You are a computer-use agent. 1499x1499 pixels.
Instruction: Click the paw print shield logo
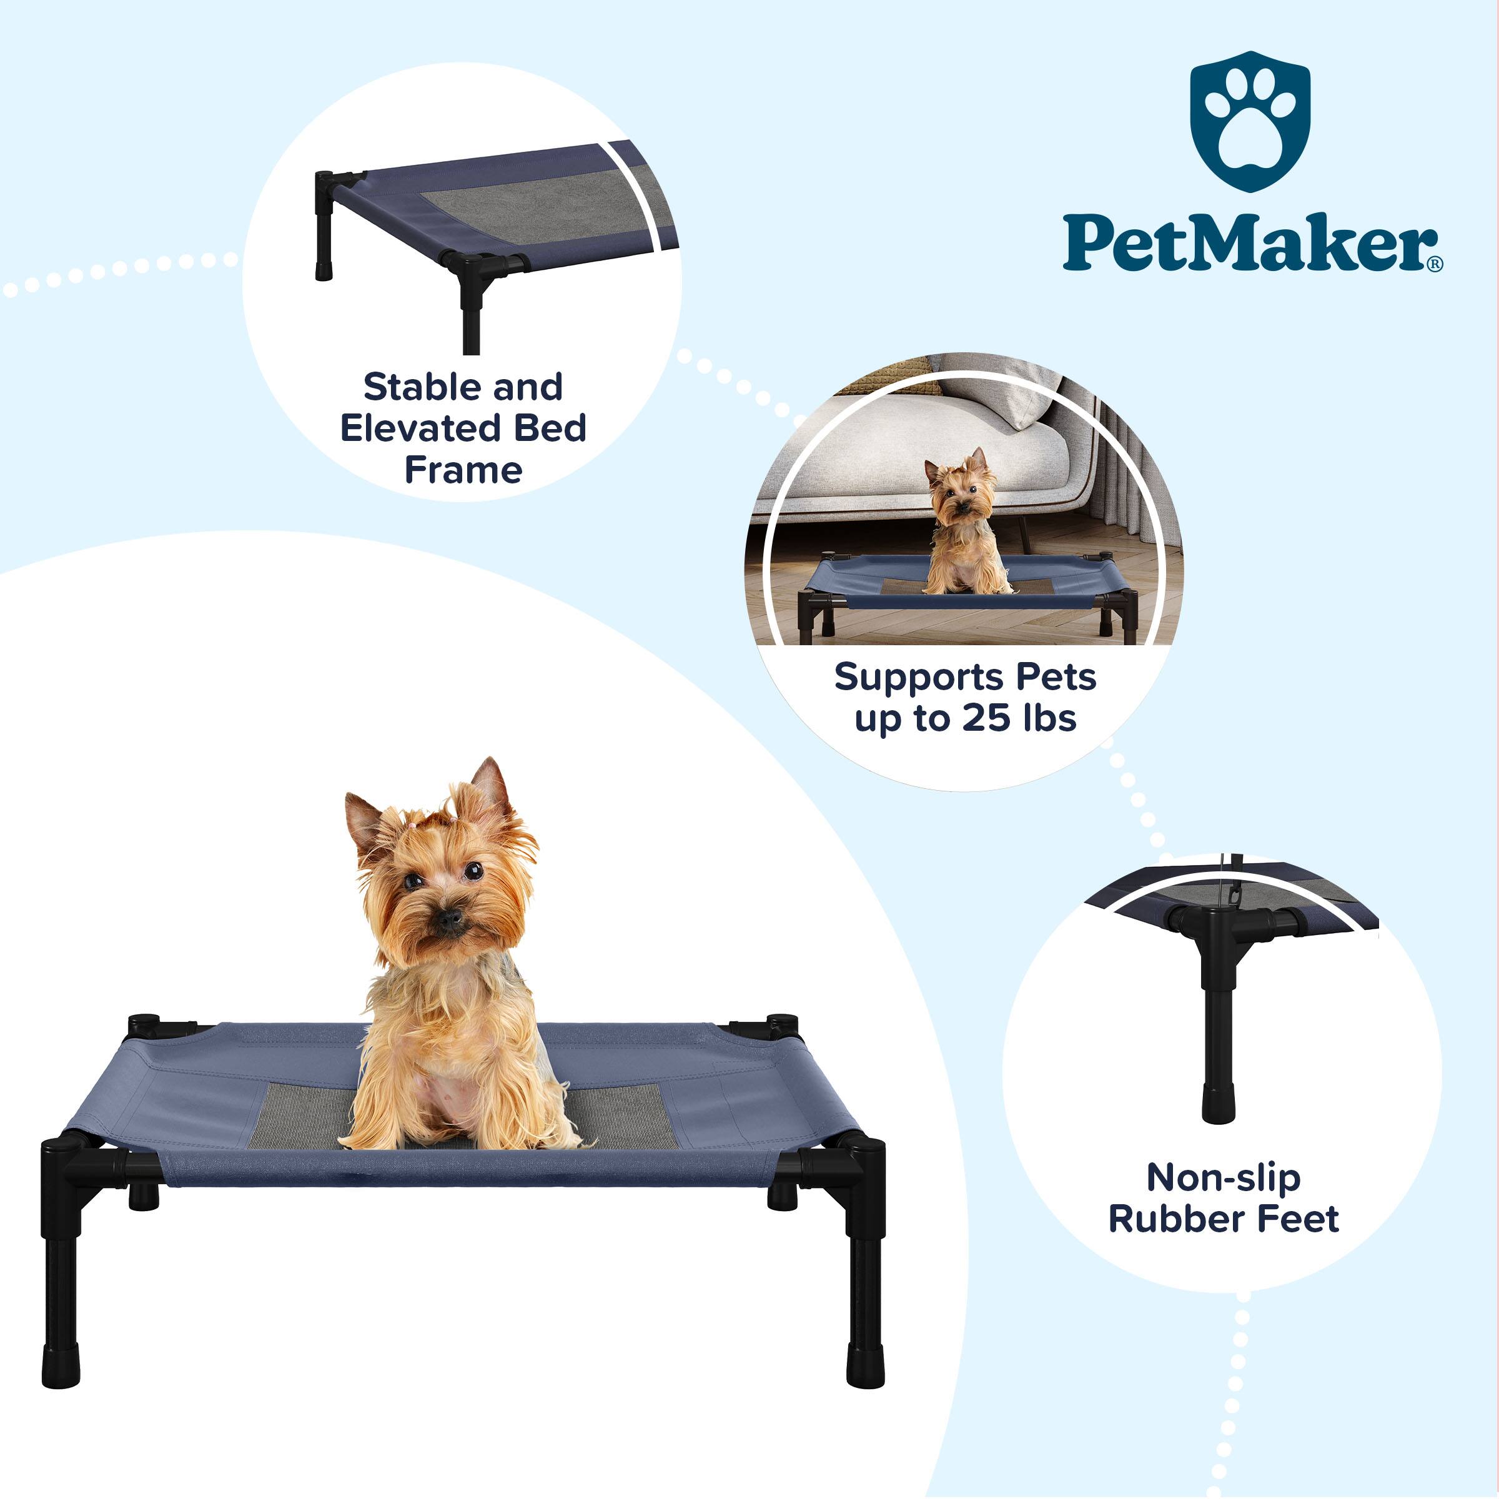(1250, 122)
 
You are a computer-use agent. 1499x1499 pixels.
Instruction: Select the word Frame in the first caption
(463, 470)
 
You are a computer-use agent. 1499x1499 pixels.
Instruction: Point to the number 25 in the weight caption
(986, 718)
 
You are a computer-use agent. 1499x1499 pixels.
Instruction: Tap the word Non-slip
(1224, 1178)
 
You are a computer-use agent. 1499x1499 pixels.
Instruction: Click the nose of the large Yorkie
(448, 920)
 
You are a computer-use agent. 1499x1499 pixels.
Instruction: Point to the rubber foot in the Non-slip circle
(1218, 1102)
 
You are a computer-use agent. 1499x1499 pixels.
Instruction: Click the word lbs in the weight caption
(1050, 718)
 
